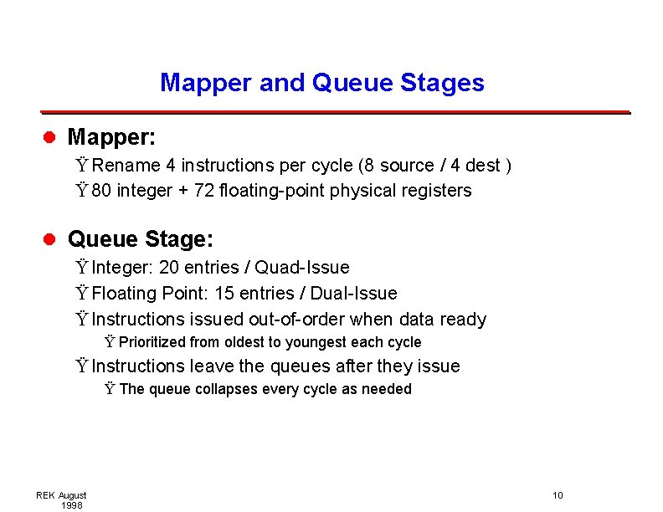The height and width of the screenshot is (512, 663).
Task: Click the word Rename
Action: [134, 166]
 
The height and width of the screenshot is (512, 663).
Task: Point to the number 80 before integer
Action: [102, 191]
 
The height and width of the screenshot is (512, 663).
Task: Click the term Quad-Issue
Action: [302, 268]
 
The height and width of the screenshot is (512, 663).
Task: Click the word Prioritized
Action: [152, 342]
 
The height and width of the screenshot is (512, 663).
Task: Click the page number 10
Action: [558, 496]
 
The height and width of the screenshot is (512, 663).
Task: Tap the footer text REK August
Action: [61, 496]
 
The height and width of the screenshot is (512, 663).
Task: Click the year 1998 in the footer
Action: [71, 505]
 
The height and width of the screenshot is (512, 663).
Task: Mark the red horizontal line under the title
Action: [335, 111]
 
